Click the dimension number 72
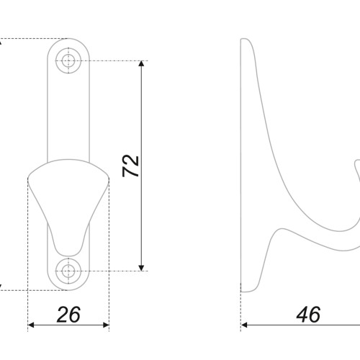pos(130,166)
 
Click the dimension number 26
pos(68,315)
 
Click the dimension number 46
pos(308,315)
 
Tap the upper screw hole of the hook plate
pos(68,60)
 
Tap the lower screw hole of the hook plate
pos(68,271)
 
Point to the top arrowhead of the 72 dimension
pos(141,63)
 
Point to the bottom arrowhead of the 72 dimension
pos(141,268)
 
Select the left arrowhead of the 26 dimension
pos(31,325)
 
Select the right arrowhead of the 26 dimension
pos(106,325)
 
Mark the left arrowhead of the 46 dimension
pos(244,325)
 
